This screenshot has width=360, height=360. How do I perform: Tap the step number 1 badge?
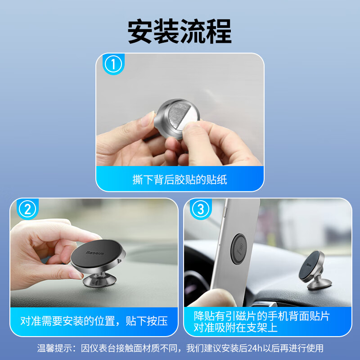pos(113,64)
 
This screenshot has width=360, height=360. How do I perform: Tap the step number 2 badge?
pos(27,209)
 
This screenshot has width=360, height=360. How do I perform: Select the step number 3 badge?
pos(201,209)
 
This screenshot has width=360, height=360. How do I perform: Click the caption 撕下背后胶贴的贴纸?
pos(180,180)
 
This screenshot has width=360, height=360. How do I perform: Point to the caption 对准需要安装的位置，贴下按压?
pos(94,321)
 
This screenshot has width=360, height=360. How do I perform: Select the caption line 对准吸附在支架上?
pos(235,328)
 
